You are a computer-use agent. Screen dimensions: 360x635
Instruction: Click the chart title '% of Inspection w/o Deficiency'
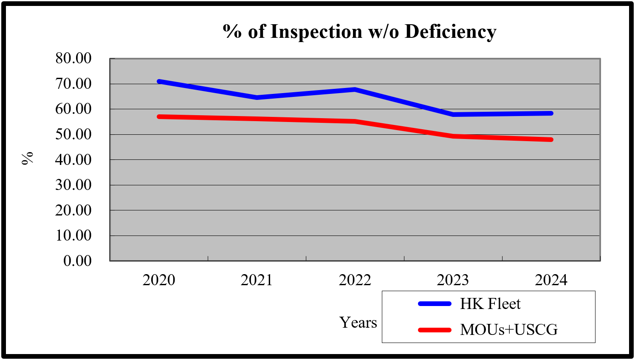359,32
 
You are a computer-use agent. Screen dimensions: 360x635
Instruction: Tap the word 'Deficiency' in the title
450,32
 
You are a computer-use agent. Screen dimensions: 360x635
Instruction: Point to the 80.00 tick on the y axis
73,58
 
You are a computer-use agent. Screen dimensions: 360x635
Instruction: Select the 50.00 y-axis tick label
73,134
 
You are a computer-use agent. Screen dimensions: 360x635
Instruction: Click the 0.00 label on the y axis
77,261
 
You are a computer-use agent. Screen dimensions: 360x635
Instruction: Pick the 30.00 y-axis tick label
73,185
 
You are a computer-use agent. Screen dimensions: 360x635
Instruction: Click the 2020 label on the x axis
159,280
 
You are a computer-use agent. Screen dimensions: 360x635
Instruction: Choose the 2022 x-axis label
355,280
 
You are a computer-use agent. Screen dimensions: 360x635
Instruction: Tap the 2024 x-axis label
551,280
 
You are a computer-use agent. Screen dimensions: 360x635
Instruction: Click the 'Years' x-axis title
358,323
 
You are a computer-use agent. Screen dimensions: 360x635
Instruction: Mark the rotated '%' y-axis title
28,158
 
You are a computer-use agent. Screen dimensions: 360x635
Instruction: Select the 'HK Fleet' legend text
490,304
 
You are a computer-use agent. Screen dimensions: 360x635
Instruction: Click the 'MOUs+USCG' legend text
509,330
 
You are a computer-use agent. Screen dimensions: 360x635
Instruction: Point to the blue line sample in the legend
435,304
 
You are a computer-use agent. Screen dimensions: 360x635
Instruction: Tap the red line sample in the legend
435,330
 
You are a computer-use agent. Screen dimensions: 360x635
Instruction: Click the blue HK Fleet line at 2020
159,81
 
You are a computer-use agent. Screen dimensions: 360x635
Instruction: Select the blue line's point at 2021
257,98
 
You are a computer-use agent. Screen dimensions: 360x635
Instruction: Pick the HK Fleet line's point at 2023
453,114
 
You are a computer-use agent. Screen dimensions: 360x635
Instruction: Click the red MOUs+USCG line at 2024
551,139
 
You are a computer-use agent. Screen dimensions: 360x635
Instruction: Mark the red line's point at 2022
355,122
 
